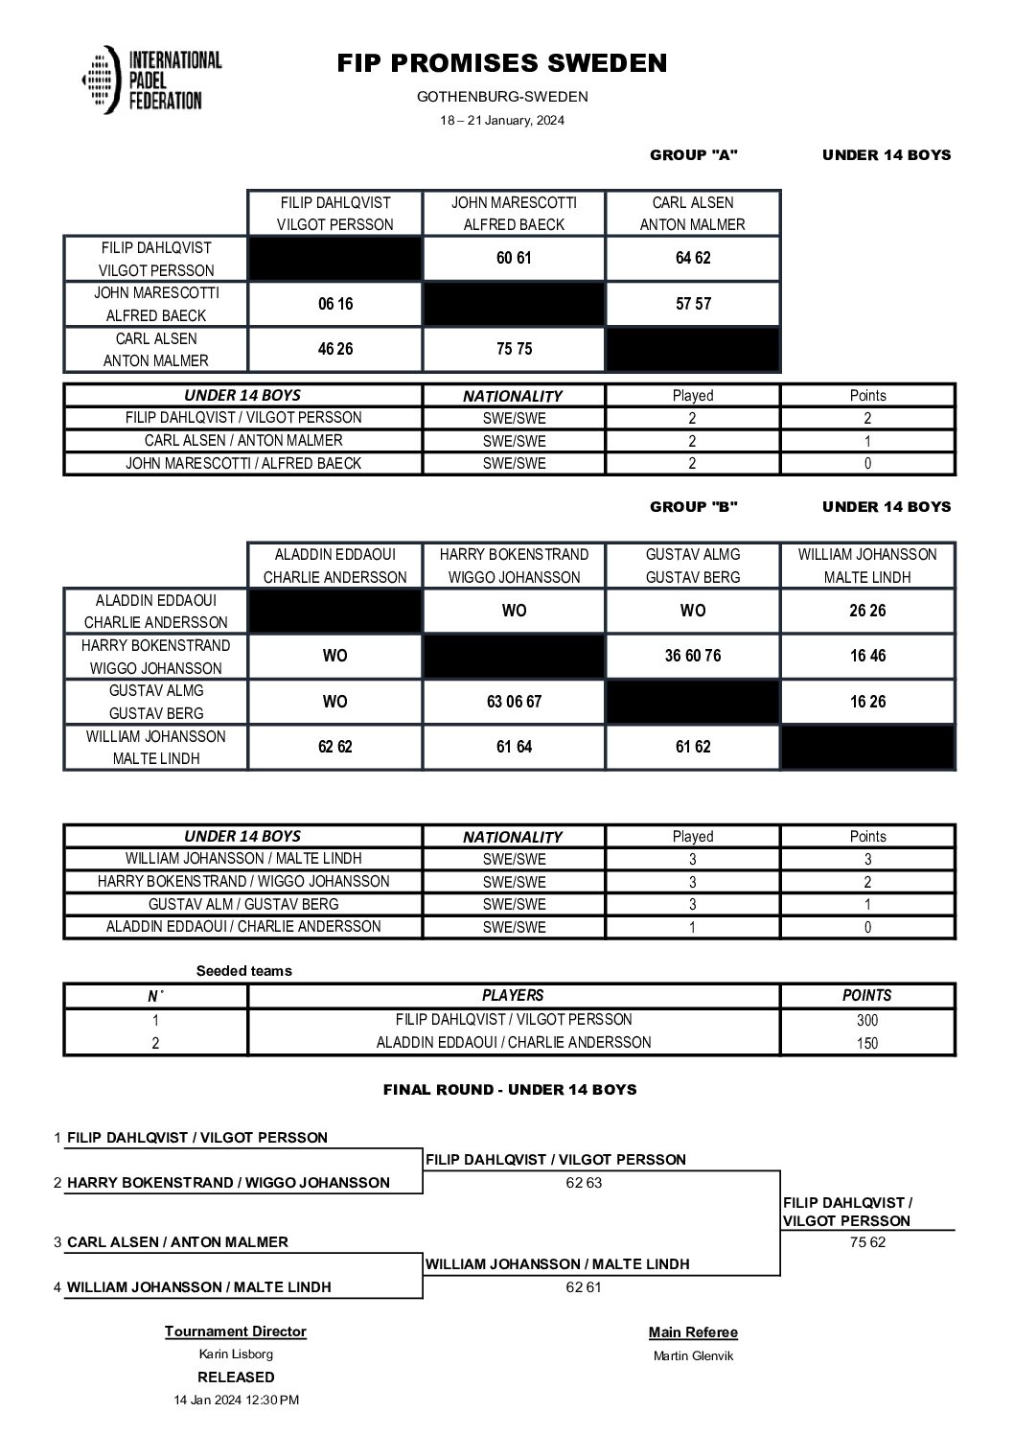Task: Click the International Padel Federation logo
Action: [x=151, y=81]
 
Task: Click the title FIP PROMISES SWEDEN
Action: [x=501, y=63]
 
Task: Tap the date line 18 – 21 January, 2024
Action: [x=501, y=121]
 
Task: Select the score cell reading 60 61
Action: [x=514, y=259]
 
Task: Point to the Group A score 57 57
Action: [x=692, y=304]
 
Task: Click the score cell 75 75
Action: [x=514, y=349]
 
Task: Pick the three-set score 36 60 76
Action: [x=692, y=657]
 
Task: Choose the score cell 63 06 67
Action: [x=514, y=702]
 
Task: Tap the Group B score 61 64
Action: [x=514, y=747]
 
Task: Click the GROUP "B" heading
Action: [x=693, y=507]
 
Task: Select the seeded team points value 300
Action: [x=866, y=1021]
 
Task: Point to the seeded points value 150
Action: [x=866, y=1044]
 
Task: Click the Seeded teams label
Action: [x=243, y=971]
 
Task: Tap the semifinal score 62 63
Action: [x=584, y=1183]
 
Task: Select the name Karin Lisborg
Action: [x=236, y=1354]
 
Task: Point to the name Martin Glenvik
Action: [x=693, y=1355]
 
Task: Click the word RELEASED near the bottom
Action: [x=236, y=1377]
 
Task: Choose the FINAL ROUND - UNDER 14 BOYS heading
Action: [x=510, y=1090]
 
